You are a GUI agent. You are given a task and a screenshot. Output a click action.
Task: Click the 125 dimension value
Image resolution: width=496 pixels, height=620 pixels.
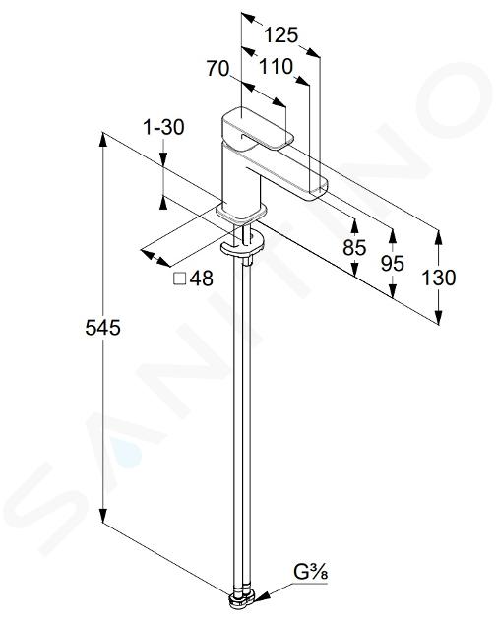[x=280, y=35]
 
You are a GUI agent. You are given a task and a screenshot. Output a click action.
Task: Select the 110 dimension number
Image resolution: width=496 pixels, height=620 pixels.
[x=276, y=67]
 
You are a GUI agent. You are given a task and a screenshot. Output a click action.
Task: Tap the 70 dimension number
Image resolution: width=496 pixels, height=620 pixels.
[x=217, y=69]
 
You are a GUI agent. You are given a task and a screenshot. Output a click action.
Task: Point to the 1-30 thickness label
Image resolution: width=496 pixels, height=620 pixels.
[x=163, y=127]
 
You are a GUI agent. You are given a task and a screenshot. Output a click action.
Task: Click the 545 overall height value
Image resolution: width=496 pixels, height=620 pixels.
[x=102, y=328]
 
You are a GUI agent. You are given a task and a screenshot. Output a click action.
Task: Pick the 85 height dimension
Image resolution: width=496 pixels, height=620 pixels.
[x=354, y=248]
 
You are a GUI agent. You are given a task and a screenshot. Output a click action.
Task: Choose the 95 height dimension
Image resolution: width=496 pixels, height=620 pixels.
[x=393, y=263]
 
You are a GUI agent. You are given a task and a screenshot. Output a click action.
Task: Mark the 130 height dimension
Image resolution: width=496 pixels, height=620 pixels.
[x=438, y=278]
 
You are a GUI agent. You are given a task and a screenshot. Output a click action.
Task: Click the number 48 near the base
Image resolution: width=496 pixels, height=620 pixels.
[x=202, y=279]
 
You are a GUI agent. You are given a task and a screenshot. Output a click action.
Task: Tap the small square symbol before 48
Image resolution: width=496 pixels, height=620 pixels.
[x=180, y=279]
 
